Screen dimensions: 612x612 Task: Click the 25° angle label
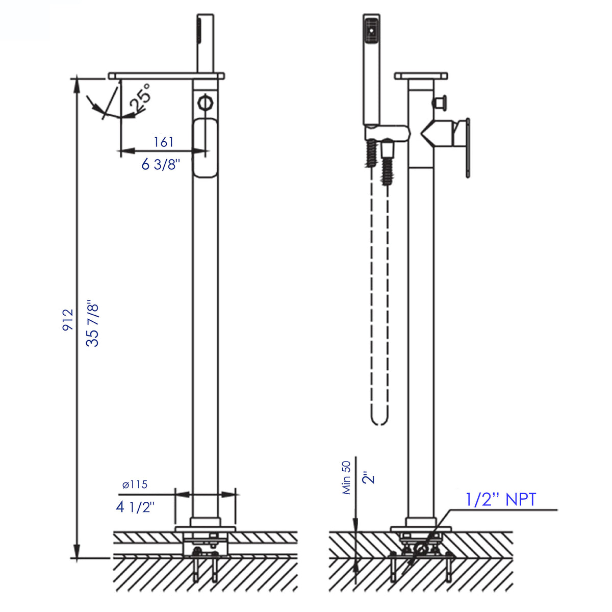click(x=140, y=98)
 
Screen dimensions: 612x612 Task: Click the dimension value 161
click(x=164, y=142)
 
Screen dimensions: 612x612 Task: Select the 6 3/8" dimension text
click(x=161, y=164)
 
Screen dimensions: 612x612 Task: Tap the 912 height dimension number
click(x=68, y=320)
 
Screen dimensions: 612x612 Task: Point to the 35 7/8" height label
click(x=92, y=324)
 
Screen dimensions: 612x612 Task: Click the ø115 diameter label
click(x=135, y=484)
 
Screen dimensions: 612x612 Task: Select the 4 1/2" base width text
click(x=135, y=507)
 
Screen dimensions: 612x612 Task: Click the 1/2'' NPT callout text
click(x=501, y=499)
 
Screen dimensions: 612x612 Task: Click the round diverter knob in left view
click(x=205, y=101)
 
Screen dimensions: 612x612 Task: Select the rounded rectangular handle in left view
click(x=205, y=147)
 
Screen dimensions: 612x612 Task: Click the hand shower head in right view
click(x=371, y=31)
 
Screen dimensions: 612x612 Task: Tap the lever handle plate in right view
click(x=467, y=148)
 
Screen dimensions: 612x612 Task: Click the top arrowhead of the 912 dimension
click(x=76, y=85)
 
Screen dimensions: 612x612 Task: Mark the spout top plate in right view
click(x=421, y=76)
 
